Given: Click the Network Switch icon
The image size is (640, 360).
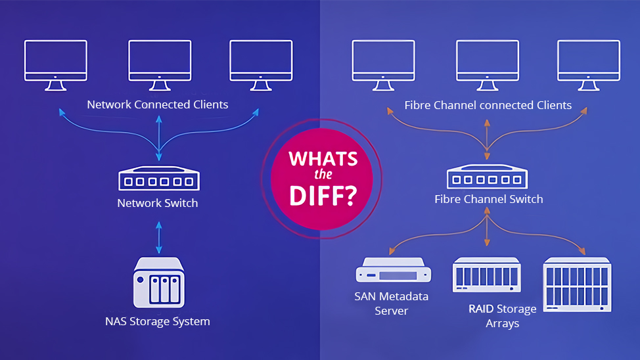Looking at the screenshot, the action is [159, 179].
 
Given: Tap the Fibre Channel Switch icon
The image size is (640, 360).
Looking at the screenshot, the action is [487, 176].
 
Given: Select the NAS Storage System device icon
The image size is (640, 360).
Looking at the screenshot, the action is [159, 282].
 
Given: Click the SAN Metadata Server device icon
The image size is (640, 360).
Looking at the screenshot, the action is [394, 270].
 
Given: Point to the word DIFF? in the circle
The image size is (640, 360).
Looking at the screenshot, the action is [323, 196].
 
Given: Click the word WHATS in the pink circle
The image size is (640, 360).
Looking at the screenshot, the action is [323, 159].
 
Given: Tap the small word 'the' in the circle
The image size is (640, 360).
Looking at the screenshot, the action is [323, 175].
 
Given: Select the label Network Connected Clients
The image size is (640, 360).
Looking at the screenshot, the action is [158, 104].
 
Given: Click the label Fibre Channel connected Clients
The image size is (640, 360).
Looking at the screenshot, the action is [488, 105].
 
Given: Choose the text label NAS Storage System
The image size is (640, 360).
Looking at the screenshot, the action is [158, 321].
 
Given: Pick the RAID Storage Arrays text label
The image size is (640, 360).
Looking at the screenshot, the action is [503, 316].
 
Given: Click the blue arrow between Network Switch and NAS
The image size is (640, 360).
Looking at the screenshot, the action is [159, 238].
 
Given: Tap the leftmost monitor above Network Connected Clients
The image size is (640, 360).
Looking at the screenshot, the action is [55, 65].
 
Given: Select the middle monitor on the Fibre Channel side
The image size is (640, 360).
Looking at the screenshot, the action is [488, 65].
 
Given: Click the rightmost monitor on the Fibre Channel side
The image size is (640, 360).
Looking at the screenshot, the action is [589, 65].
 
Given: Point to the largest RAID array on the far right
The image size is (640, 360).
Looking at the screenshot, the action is [577, 284].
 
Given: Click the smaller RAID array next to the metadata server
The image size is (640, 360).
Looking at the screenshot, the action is [486, 275].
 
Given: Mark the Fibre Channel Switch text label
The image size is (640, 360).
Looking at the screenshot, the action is [489, 199].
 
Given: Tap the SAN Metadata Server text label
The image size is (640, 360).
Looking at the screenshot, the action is [392, 304].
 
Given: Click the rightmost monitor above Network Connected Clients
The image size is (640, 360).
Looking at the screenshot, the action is [261, 65].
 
